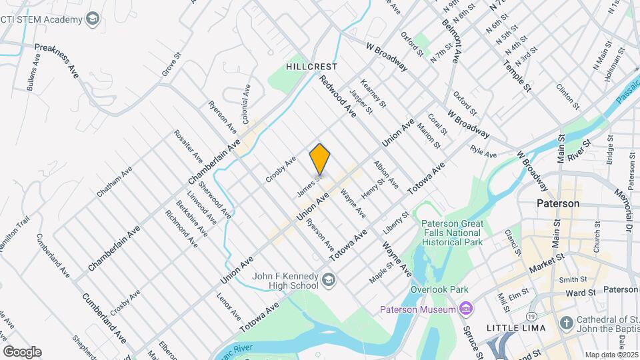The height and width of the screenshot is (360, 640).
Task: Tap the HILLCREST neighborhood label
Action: click(311, 67)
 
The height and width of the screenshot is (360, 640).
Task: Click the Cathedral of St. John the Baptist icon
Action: click(565, 323)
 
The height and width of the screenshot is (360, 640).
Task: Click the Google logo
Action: click(22, 351)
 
